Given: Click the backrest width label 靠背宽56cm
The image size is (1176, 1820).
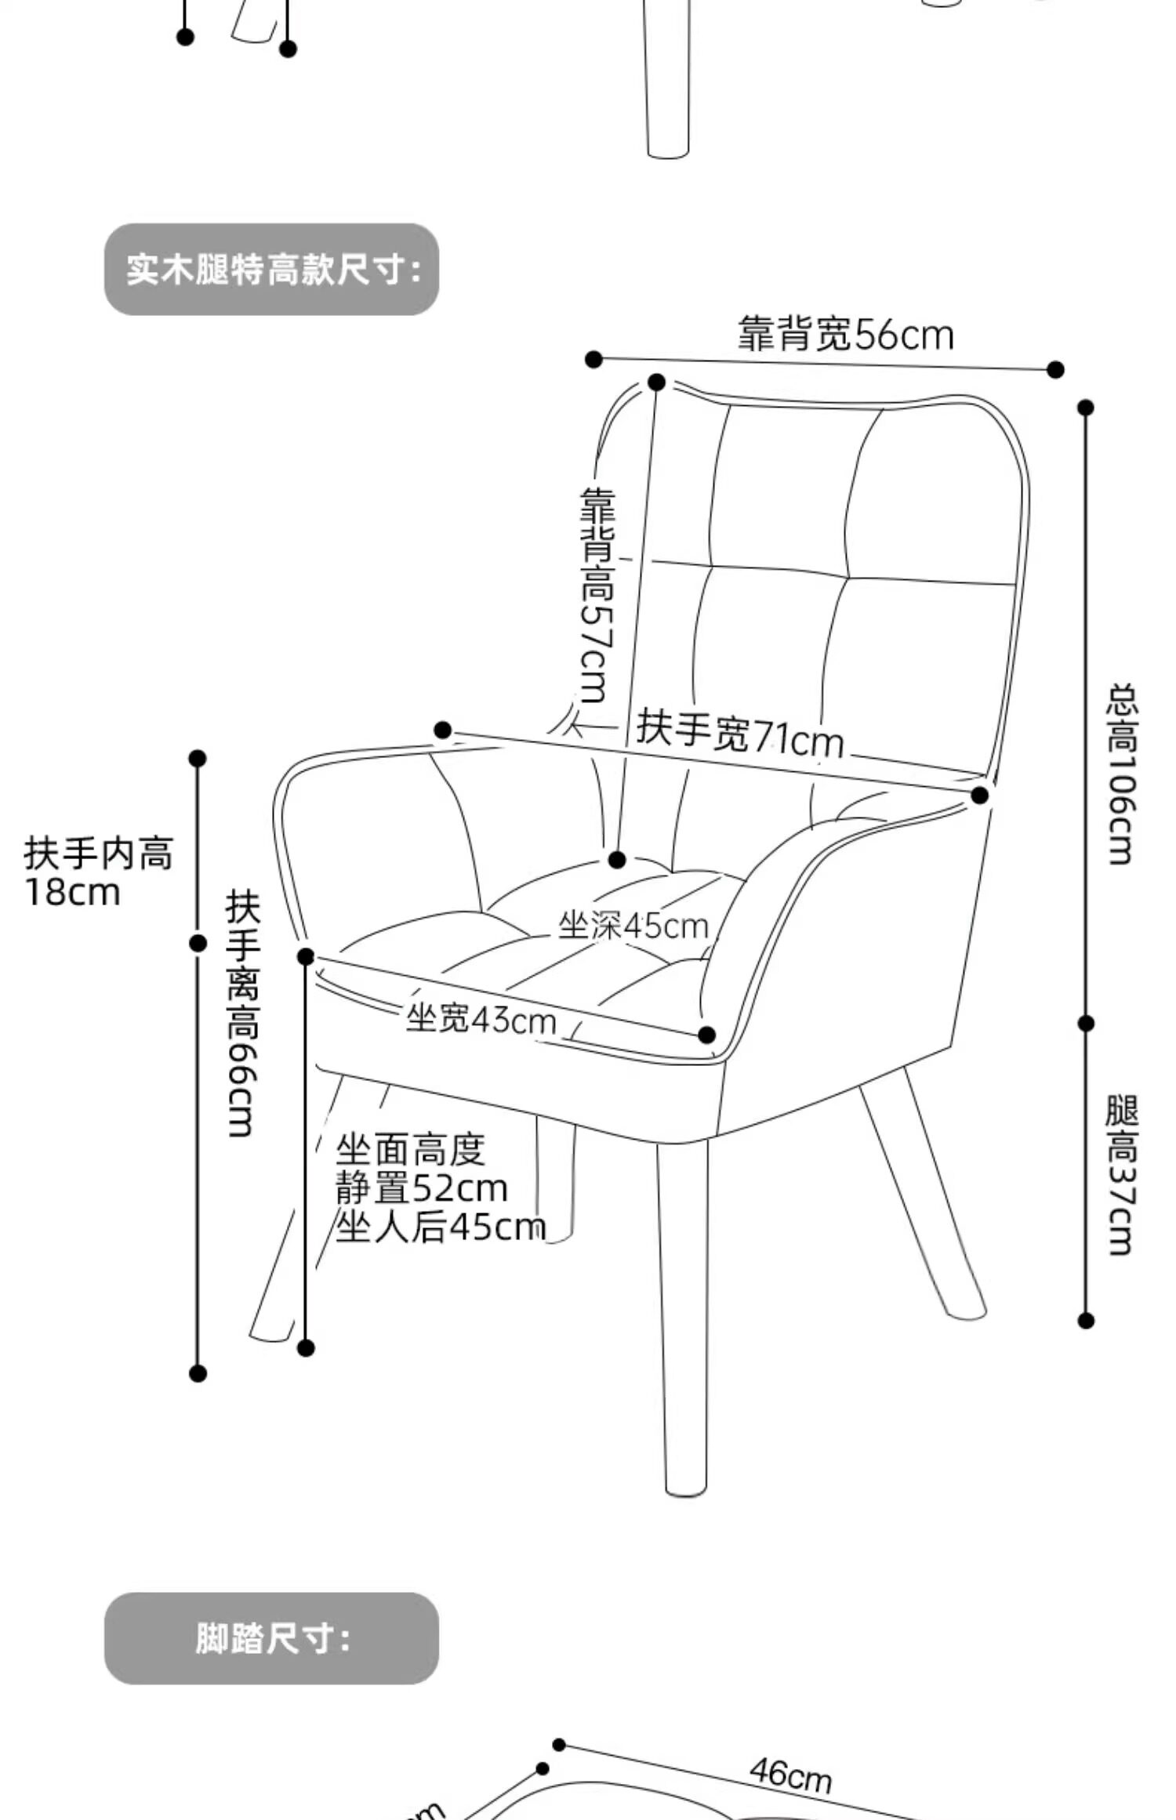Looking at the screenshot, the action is pyautogui.click(x=845, y=335).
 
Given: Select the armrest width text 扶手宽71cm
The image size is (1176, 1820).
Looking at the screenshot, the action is pyautogui.click(x=739, y=734).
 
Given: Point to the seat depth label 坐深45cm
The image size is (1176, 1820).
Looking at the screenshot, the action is pyautogui.click(x=633, y=926).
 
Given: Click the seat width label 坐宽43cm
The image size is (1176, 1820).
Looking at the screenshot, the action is pyautogui.click(x=481, y=1020).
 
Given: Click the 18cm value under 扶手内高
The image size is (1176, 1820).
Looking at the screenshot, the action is pyautogui.click(x=73, y=893).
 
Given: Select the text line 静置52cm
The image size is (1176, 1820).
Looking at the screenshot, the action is pyautogui.click(x=422, y=1189).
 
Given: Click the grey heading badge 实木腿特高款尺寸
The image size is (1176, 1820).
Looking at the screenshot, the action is pyautogui.click(x=271, y=270).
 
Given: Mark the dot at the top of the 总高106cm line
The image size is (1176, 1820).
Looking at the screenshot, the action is pyautogui.click(x=1086, y=408).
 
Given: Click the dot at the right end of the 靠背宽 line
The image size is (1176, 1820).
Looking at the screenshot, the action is pyautogui.click(x=1056, y=369).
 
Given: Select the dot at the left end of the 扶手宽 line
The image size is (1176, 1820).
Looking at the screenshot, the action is pyautogui.click(x=443, y=731).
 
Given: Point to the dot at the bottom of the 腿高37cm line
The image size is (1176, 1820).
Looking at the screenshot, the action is pyautogui.click(x=1086, y=1321).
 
